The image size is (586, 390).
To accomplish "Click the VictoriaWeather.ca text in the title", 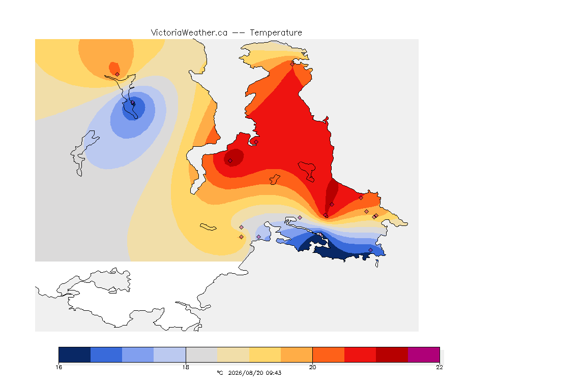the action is (189, 33).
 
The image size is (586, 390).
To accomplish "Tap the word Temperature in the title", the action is (276, 33).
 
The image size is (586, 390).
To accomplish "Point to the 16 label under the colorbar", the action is (58, 367).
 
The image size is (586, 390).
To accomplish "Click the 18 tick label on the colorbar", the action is (186, 367).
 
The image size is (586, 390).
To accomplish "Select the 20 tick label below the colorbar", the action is (312, 367).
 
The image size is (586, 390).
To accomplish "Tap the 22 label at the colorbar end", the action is (439, 367).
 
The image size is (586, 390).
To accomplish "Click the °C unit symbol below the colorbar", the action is (220, 373).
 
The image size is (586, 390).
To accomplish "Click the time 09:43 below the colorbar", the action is (274, 373).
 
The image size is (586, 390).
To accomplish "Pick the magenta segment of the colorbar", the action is (424, 354).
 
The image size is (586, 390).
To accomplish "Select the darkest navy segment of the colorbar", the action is (75, 354).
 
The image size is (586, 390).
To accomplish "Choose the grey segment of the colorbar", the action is (201, 354).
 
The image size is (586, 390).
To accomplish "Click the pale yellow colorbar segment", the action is (265, 354).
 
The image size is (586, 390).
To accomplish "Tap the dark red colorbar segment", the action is (392, 354).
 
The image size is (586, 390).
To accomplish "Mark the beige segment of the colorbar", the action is (233, 354).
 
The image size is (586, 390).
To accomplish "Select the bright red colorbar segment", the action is (360, 354).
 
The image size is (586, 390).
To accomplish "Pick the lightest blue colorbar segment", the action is (170, 354).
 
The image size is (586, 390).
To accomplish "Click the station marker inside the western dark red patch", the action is (230, 161).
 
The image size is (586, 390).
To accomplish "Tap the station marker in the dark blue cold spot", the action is (132, 103).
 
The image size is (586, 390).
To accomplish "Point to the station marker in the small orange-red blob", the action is (118, 74).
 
